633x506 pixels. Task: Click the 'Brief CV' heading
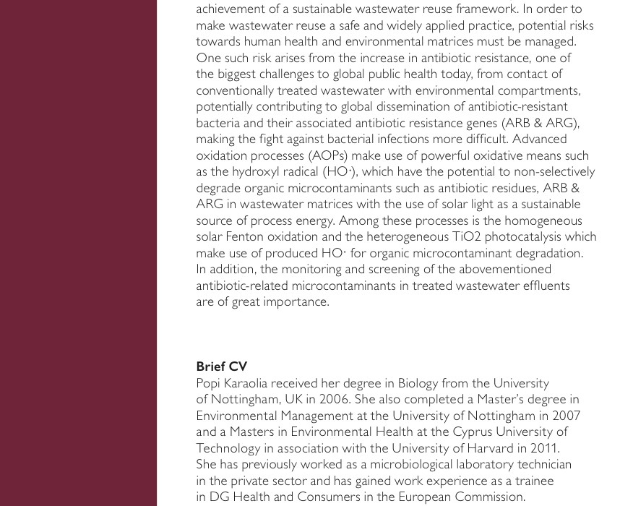[222, 366]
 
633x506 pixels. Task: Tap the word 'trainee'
[532, 481]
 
